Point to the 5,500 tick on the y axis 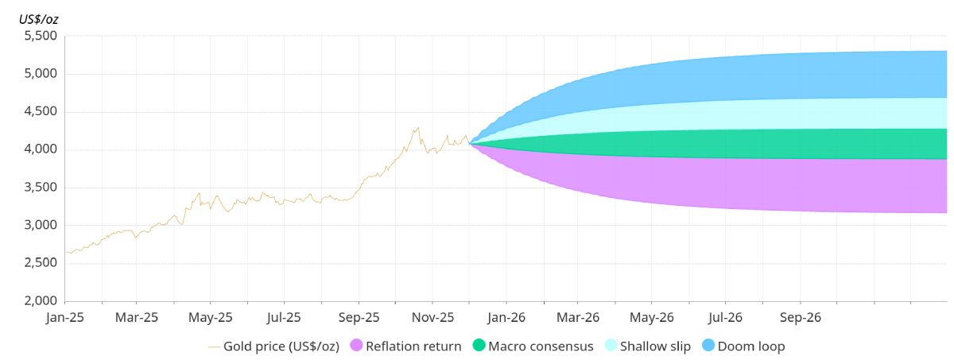point(40,37)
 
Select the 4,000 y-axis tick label point(40,150)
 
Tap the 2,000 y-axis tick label point(40,301)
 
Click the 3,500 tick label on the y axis point(40,188)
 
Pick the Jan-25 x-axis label point(64,317)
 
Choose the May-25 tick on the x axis point(211,317)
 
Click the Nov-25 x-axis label point(432,317)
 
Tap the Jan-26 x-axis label point(506,317)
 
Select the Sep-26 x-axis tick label point(800,317)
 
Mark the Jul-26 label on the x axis point(725,317)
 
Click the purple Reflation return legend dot point(356,346)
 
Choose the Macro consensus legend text point(541,346)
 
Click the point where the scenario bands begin point(471,144)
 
